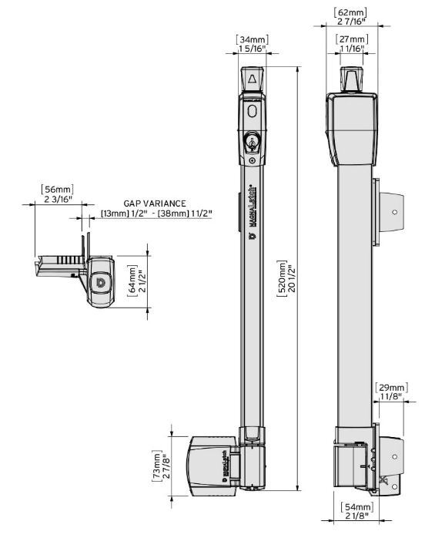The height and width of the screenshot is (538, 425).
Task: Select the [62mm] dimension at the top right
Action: point(350,13)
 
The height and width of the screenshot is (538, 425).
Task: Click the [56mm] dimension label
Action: point(55,188)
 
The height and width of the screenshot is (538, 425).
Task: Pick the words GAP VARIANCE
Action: point(155,203)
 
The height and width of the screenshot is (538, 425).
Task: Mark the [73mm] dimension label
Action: point(157,464)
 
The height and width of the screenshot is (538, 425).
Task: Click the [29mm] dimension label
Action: point(391,387)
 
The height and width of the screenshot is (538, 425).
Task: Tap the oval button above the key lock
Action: point(253,113)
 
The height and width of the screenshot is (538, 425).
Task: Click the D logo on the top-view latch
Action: point(100,284)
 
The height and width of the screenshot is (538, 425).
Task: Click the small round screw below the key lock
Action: point(253,160)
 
